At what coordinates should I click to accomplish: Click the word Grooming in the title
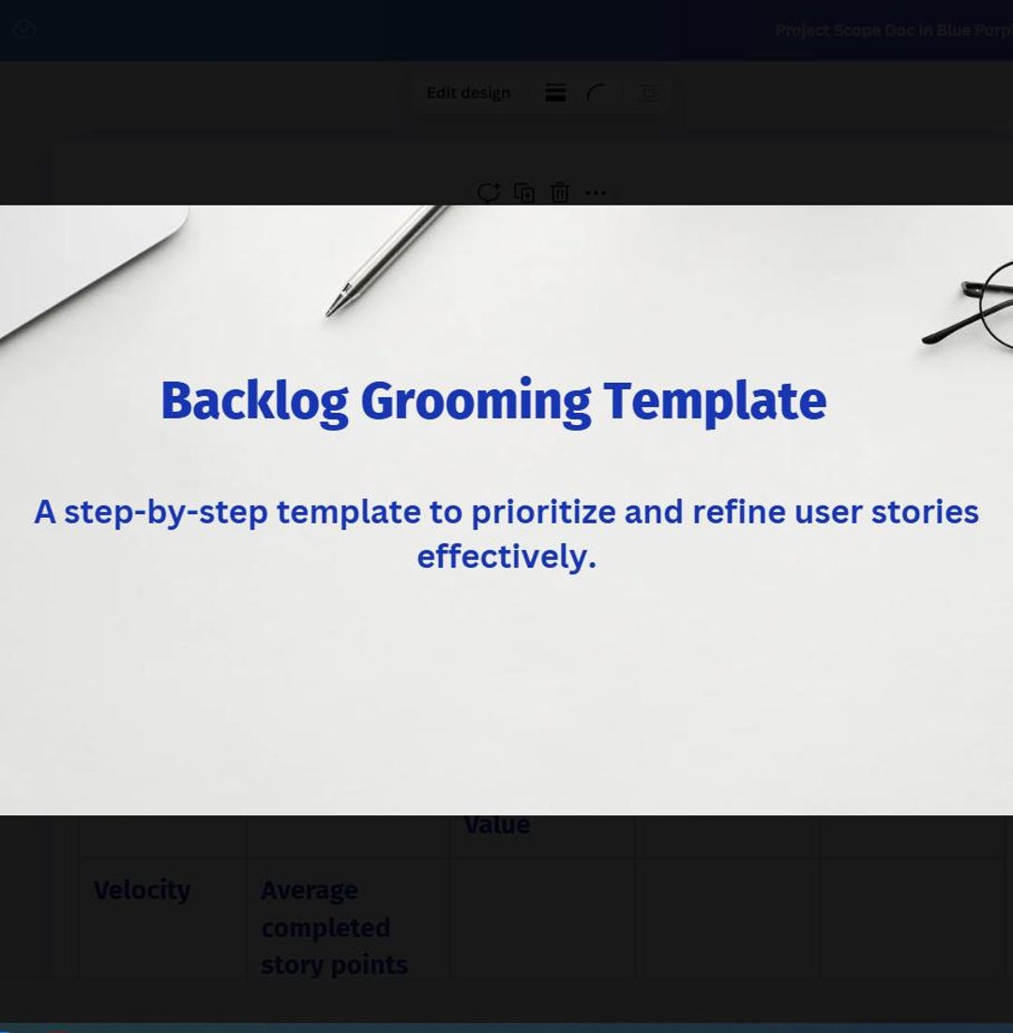coord(476,401)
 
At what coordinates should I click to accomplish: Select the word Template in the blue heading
coord(714,401)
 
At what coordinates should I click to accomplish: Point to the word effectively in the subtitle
coord(506,556)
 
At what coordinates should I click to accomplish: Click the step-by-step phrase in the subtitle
coord(165,512)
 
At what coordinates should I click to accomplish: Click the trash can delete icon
coord(560,193)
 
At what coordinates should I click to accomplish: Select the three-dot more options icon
coord(596,193)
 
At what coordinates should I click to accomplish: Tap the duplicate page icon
coord(524,193)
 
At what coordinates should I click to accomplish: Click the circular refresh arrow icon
coord(489,193)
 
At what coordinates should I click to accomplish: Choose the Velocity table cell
coord(143,890)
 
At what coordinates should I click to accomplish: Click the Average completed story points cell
coord(334,927)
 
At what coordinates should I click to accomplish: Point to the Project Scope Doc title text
coord(891,30)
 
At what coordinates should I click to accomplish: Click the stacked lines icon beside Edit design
coord(555,93)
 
